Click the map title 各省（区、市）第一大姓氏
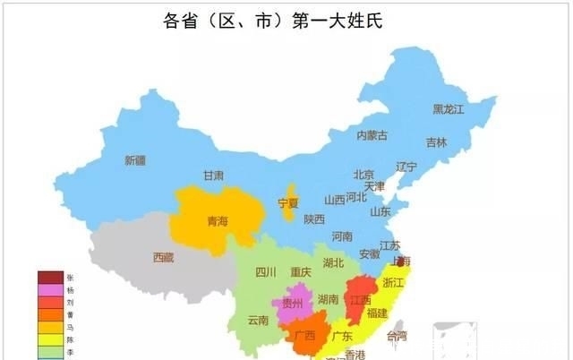pos(286,20)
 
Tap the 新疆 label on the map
pos(134,161)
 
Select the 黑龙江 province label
pos(449,109)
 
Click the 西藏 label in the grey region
pos(163,257)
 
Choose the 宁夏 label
pos(288,202)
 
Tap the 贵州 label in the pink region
pos(293,304)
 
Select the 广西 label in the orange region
pos(304,336)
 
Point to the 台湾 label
pos(396,337)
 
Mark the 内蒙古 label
pos(372,136)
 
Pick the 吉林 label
pos(436,142)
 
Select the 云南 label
pos(258,320)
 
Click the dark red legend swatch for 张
pos(50,278)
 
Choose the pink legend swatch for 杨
pos(50,290)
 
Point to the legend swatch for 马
pos(50,328)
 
